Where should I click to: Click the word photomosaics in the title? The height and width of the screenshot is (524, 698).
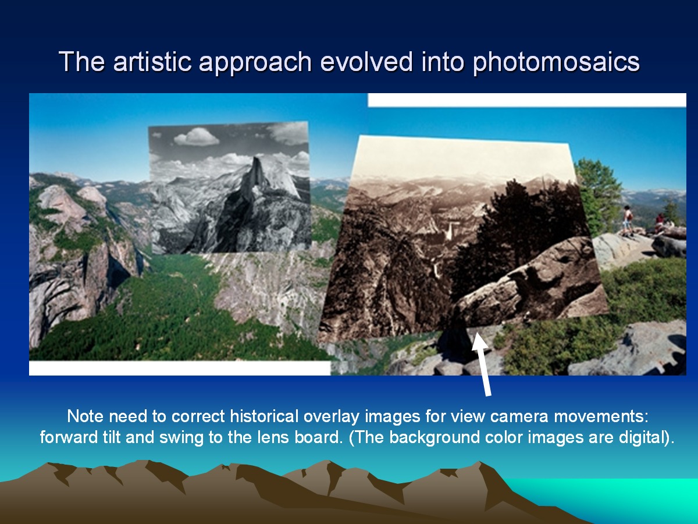point(556,62)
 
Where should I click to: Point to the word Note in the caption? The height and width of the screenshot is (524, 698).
point(85,416)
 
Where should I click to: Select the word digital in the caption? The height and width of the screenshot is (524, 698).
point(646,438)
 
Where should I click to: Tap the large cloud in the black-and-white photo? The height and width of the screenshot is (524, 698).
point(197,136)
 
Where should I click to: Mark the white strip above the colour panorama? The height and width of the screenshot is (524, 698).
point(527,100)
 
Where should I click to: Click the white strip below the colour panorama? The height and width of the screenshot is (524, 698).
point(180,368)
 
